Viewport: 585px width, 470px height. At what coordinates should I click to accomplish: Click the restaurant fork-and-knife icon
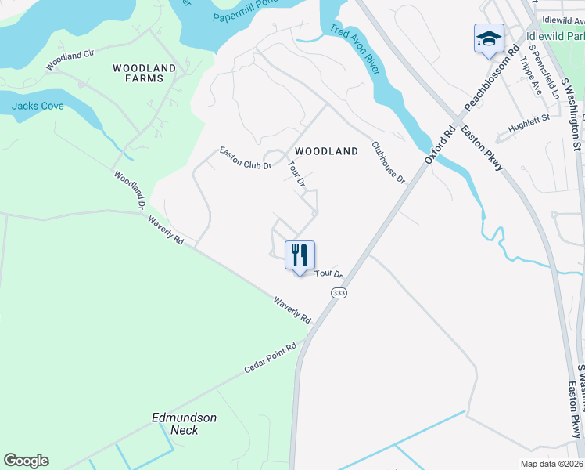tap(300, 255)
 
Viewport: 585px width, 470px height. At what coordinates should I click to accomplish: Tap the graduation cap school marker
tap(489, 38)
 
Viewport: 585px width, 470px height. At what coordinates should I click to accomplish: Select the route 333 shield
tap(339, 292)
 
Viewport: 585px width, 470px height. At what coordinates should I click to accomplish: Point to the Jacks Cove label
tap(38, 106)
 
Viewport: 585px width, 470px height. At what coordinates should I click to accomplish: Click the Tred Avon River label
tap(355, 49)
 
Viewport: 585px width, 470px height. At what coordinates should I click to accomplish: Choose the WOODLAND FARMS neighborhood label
tap(144, 73)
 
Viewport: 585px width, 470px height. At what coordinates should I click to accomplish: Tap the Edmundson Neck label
tap(185, 424)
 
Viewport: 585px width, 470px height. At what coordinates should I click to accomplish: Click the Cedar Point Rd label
tap(271, 358)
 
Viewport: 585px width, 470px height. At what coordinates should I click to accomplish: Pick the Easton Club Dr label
tap(245, 159)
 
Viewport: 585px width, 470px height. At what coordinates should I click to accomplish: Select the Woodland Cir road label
tap(70, 60)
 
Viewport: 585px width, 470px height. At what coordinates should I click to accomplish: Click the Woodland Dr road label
tap(130, 190)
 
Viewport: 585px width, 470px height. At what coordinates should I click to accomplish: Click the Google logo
tap(26, 461)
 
